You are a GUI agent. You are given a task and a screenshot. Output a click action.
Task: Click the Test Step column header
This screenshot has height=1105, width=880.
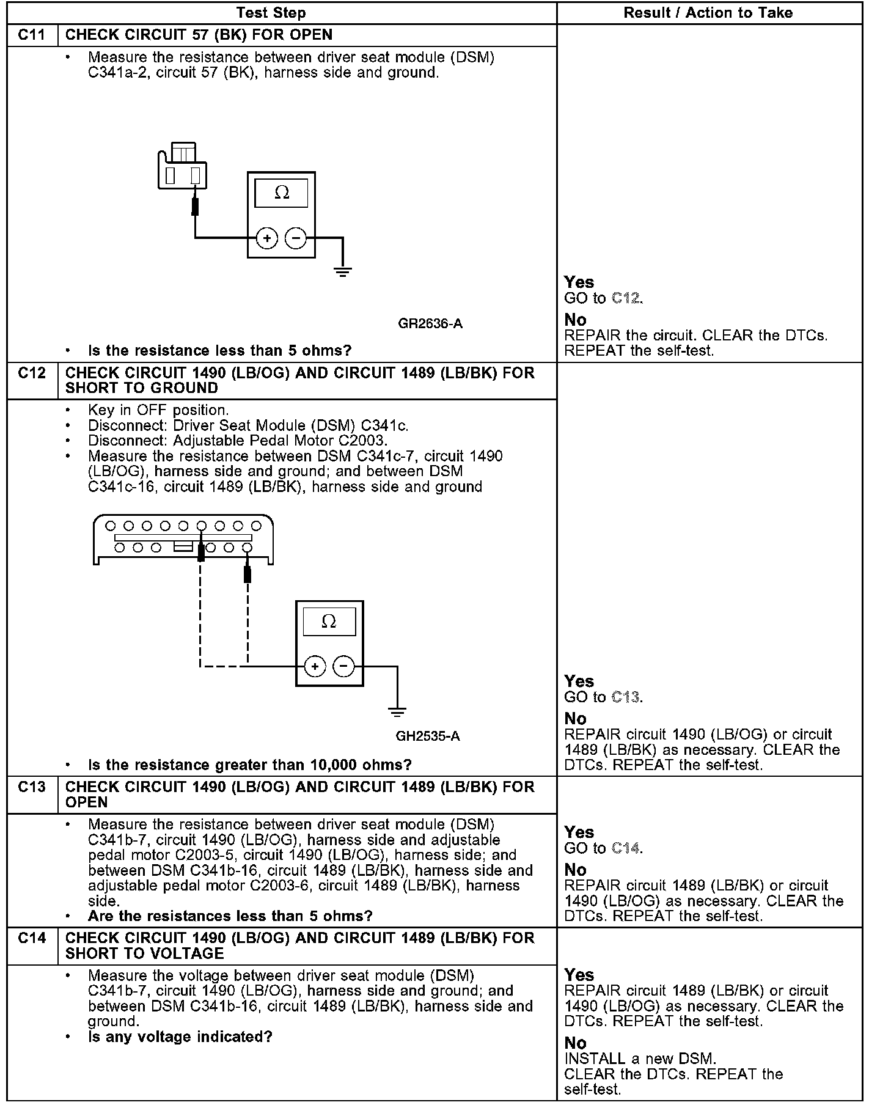pos(271,13)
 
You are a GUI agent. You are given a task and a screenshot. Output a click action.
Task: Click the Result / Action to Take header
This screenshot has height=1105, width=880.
pos(708,13)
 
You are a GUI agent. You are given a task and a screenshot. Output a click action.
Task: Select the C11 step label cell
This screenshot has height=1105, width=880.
pos(32,35)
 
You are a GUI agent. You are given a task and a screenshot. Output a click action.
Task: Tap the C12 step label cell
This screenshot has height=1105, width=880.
pos(32,373)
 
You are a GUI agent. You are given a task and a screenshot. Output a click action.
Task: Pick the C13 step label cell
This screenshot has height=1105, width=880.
pos(32,787)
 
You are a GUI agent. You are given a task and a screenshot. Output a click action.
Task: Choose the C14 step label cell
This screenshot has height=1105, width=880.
pos(32,938)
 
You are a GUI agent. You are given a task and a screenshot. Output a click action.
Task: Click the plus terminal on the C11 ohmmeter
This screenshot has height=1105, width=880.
pos(267,238)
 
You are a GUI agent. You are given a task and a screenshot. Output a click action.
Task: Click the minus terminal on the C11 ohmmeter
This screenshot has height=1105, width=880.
pos(296,238)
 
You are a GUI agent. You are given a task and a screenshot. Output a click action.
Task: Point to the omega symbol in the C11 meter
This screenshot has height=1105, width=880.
pos(282,193)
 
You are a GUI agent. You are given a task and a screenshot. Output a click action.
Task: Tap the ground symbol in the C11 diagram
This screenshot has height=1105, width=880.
pos(343,271)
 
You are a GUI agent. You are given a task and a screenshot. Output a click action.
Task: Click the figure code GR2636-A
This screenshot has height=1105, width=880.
pos(430,323)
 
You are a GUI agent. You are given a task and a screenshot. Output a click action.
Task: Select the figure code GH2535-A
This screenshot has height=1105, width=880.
pos(428,736)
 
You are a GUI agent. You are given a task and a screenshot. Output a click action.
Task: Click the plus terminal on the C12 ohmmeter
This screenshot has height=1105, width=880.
pos(315,666)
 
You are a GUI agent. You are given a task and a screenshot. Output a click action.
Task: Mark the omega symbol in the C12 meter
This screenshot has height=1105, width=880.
pos(329,622)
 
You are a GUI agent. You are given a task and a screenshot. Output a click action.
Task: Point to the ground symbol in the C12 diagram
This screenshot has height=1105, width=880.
pos(397,711)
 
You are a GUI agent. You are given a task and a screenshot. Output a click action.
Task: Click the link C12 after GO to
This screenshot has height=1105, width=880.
pos(626,298)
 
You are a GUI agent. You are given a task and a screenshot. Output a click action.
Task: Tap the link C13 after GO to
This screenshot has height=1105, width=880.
pos(626,697)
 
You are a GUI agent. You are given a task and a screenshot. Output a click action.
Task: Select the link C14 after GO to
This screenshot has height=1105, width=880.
pos(626,848)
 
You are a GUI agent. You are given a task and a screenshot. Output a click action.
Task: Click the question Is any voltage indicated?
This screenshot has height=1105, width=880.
pos(180,1037)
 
